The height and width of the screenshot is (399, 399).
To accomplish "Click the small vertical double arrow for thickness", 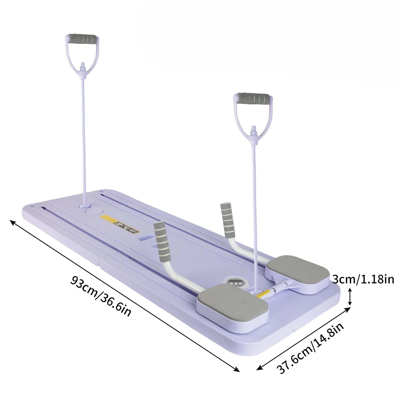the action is [x=350, y=297].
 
